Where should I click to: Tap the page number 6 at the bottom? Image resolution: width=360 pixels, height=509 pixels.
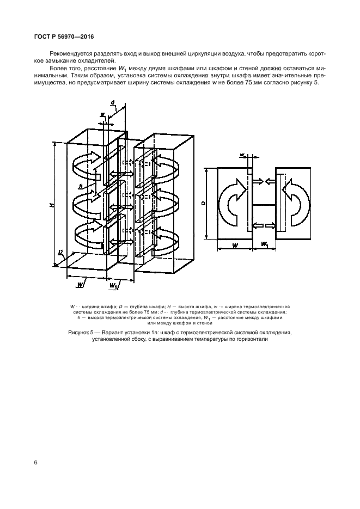pos(36,463)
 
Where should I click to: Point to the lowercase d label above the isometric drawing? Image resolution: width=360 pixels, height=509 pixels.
pos(113,102)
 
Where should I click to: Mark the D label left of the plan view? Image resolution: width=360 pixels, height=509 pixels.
pos(203,204)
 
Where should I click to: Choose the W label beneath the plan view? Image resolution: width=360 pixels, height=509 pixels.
pos(235,246)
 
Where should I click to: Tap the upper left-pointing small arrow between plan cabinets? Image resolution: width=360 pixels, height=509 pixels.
pos(270,181)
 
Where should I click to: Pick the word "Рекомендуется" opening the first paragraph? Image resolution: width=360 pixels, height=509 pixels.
pos(67,53)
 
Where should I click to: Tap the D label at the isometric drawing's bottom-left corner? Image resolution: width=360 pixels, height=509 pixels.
pos(60,252)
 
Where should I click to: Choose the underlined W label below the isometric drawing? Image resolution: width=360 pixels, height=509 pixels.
pos(81,285)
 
